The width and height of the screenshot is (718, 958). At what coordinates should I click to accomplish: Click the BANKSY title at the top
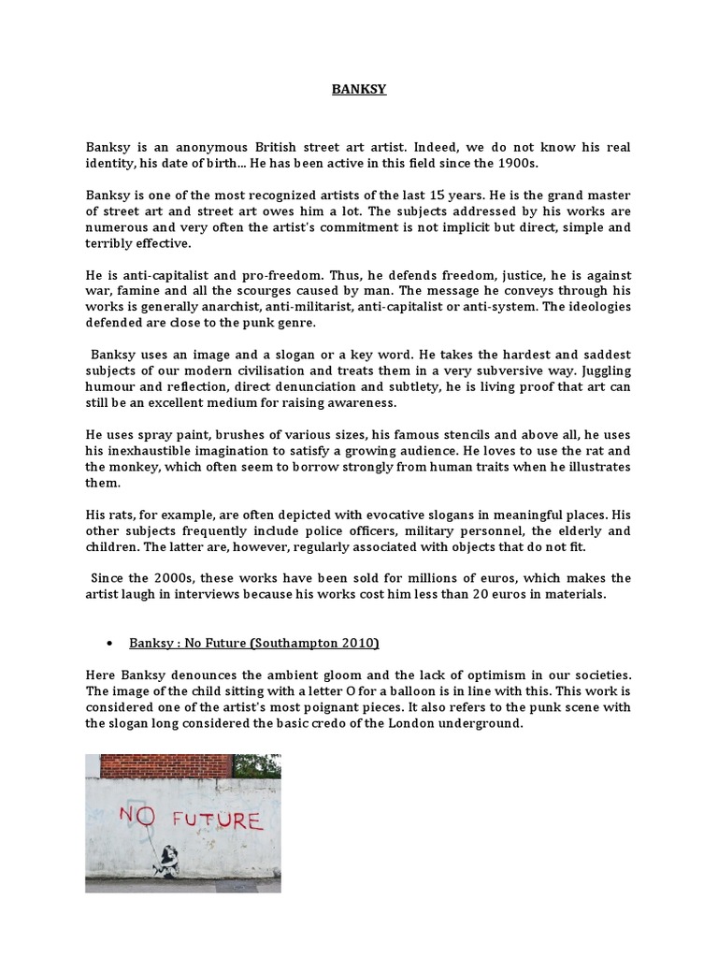(x=360, y=90)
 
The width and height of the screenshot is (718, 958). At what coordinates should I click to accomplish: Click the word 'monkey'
(x=169, y=467)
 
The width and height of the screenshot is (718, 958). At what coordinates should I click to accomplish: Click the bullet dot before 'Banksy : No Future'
(x=110, y=643)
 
